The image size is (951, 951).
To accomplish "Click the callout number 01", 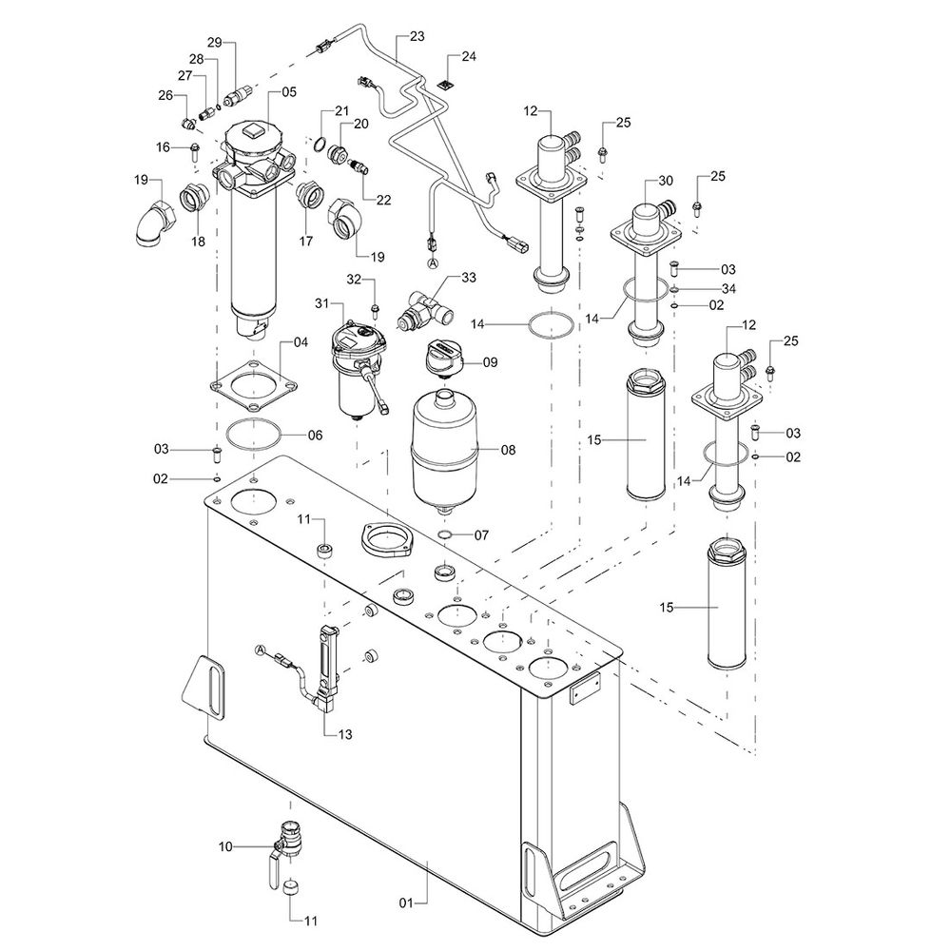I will click(404, 898).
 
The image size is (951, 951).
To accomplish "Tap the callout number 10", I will click(225, 844).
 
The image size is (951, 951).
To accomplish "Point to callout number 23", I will click(417, 36).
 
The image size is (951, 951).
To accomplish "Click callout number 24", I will click(468, 57).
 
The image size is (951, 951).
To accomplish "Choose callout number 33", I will click(468, 277).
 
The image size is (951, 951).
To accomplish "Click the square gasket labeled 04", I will click(253, 386).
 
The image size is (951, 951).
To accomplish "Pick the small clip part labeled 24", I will click(443, 87).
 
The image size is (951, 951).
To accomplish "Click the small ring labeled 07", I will click(445, 536).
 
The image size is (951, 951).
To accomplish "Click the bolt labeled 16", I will click(194, 147).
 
